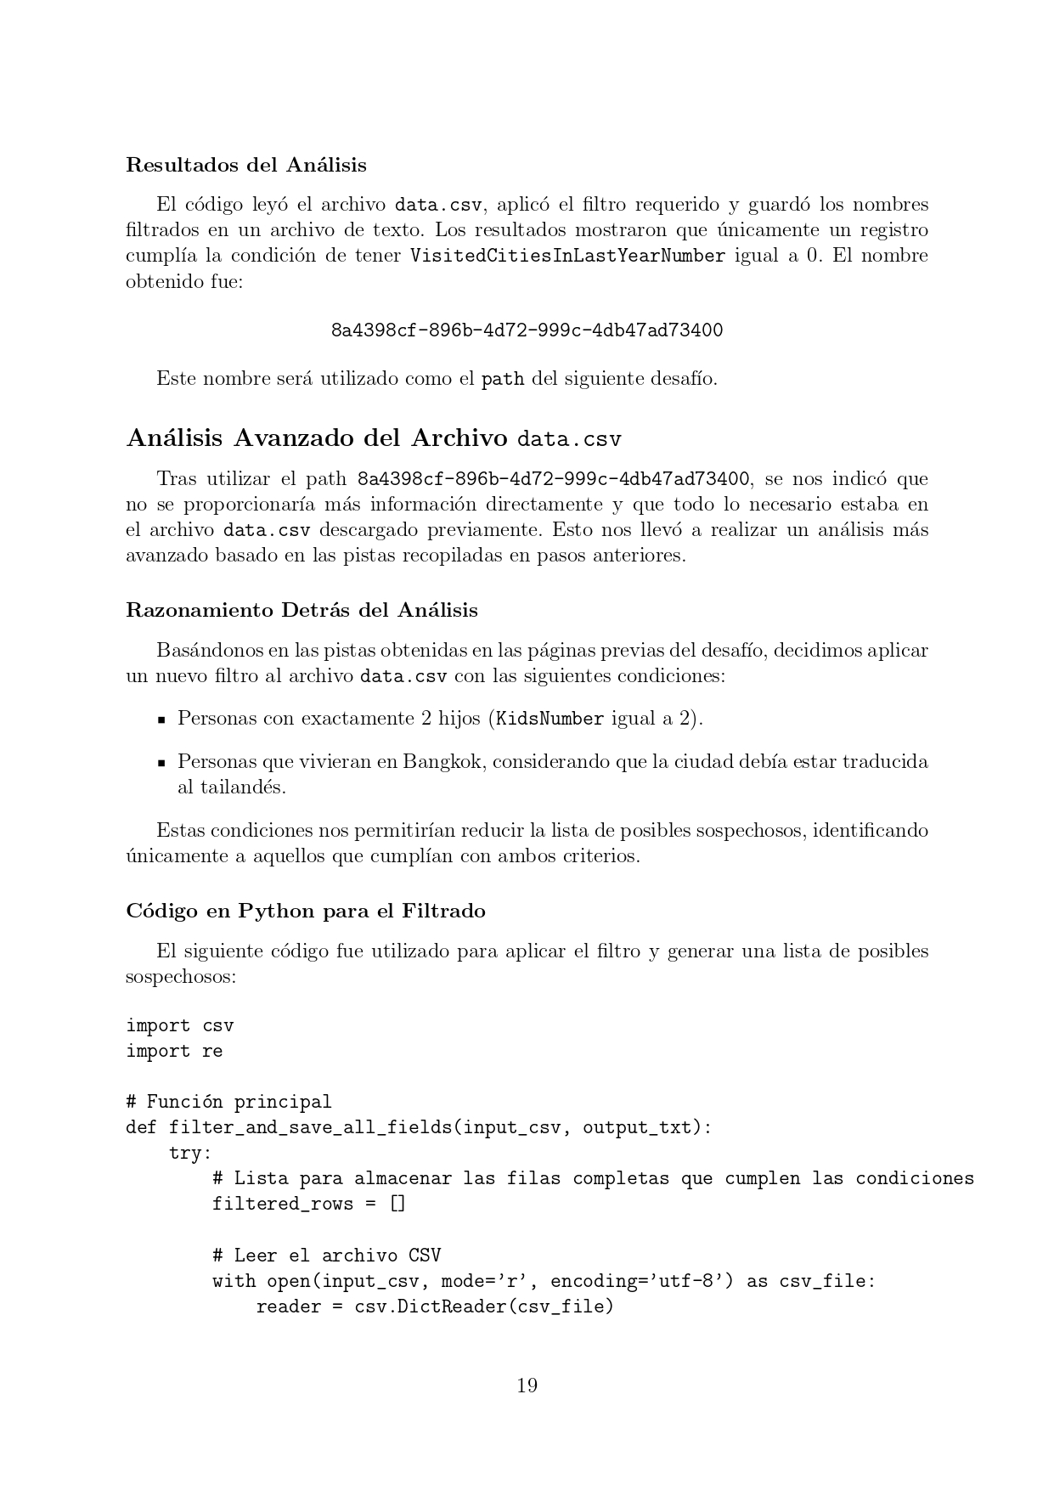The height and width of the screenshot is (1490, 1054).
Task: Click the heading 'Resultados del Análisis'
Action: pyautogui.click(x=246, y=164)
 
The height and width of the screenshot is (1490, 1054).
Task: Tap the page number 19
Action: pyautogui.click(x=527, y=1386)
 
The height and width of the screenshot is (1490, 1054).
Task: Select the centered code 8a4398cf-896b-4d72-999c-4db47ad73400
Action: pyautogui.click(x=527, y=330)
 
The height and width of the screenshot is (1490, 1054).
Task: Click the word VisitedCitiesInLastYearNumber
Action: pyautogui.click(x=567, y=256)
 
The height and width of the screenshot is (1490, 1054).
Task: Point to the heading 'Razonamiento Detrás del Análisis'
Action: pyautogui.click(x=302, y=610)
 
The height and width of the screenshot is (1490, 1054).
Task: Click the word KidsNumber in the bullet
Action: pyautogui.click(x=550, y=719)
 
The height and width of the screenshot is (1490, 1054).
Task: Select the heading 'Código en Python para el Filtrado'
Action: pyautogui.click(x=306, y=911)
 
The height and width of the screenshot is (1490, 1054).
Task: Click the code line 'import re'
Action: pyautogui.click(x=174, y=1051)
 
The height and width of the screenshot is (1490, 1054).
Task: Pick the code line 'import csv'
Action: pyautogui.click(x=179, y=1025)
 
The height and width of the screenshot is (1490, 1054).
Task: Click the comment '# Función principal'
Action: pyautogui.click(x=228, y=1102)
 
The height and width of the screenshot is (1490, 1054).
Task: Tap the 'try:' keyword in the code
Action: pyautogui.click(x=190, y=1153)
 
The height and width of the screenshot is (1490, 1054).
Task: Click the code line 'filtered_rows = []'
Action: pyautogui.click(x=309, y=1204)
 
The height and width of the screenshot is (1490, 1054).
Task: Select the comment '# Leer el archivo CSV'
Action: pyautogui.click(x=326, y=1255)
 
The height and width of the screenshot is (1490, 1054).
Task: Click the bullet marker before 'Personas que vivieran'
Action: pyautogui.click(x=161, y=762)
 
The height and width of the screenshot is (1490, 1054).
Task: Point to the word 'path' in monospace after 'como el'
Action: pyautogui.click(x=503, y=379)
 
